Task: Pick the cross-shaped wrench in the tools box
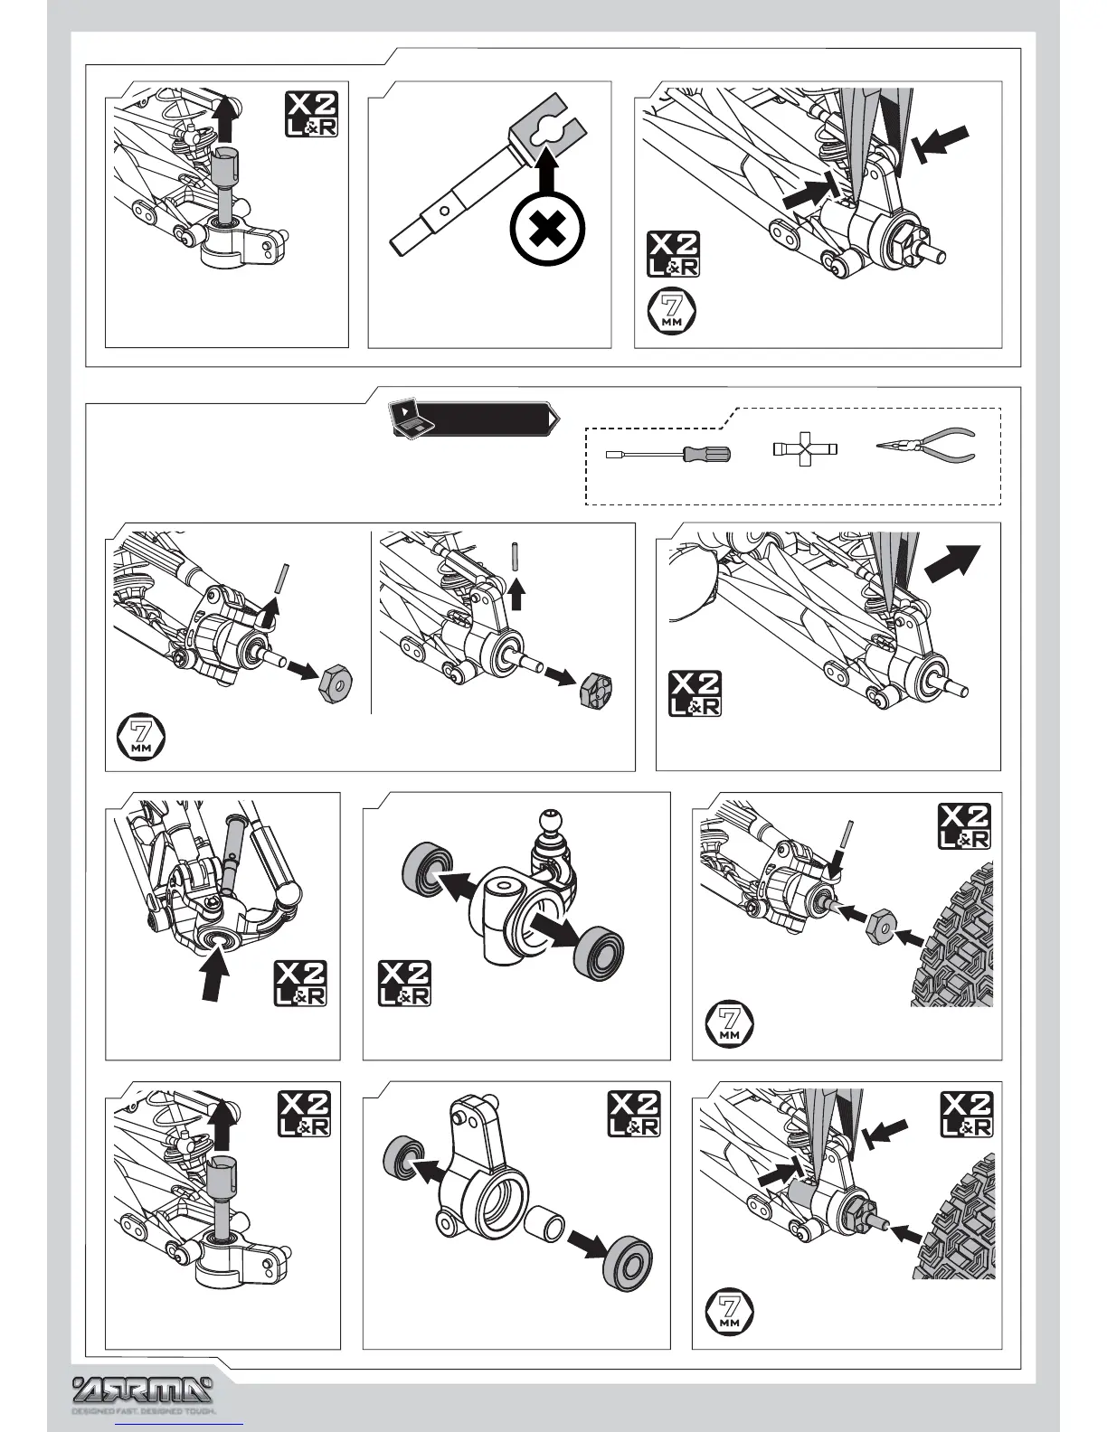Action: [805, 449]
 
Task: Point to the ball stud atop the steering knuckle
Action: [550, 823]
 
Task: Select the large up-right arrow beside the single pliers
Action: [951, 563]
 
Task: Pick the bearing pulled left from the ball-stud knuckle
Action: [422, 868]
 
